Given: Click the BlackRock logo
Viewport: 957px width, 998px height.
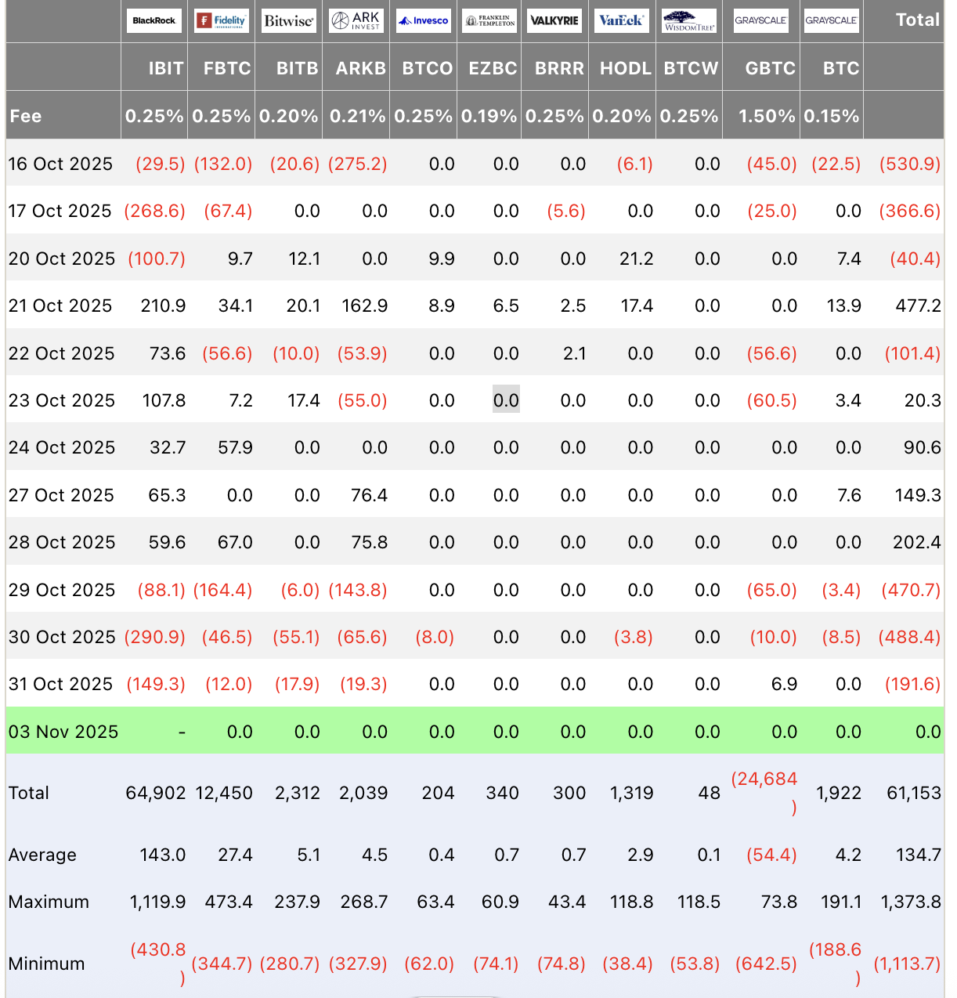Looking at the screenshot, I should click(x=153, y=20).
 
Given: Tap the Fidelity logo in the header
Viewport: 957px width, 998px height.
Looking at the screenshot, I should click(x=222, y=20).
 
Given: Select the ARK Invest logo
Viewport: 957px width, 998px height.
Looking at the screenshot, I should click(x=356, y=20).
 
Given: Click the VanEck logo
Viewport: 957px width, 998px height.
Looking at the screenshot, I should click(x=622, y=20).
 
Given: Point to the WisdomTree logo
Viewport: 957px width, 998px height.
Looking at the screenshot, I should click(x=689, y=20).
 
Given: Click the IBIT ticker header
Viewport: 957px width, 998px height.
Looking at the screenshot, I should click(x=165, y=68).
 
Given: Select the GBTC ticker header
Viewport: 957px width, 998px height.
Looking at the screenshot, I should click(x=770, y=68).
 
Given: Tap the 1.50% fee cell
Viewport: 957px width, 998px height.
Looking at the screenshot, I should click(x=766, y=116).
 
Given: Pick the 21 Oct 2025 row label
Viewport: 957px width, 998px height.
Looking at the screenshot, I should click(x=60, y=306).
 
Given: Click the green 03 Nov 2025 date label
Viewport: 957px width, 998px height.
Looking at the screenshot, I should click(x=63, y=732).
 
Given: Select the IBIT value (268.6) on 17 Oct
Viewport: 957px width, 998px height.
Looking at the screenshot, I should click(x=155, y=211).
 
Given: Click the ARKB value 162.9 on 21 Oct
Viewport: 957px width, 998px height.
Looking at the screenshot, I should click(x=364, y=306).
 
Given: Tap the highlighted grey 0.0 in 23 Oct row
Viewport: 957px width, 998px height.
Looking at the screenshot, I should click(x=506, y=400).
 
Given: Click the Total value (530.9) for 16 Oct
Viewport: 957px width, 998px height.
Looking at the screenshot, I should click(x=909, y=164).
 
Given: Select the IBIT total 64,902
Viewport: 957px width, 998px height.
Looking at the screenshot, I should click(x=156, y=793).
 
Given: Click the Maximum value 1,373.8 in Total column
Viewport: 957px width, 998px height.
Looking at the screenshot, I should click(x=911, y=902).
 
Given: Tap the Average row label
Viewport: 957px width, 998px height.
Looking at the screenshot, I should click(x=42, y=855).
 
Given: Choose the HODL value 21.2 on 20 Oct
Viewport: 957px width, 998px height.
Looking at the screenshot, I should click(x=636, y=259).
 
